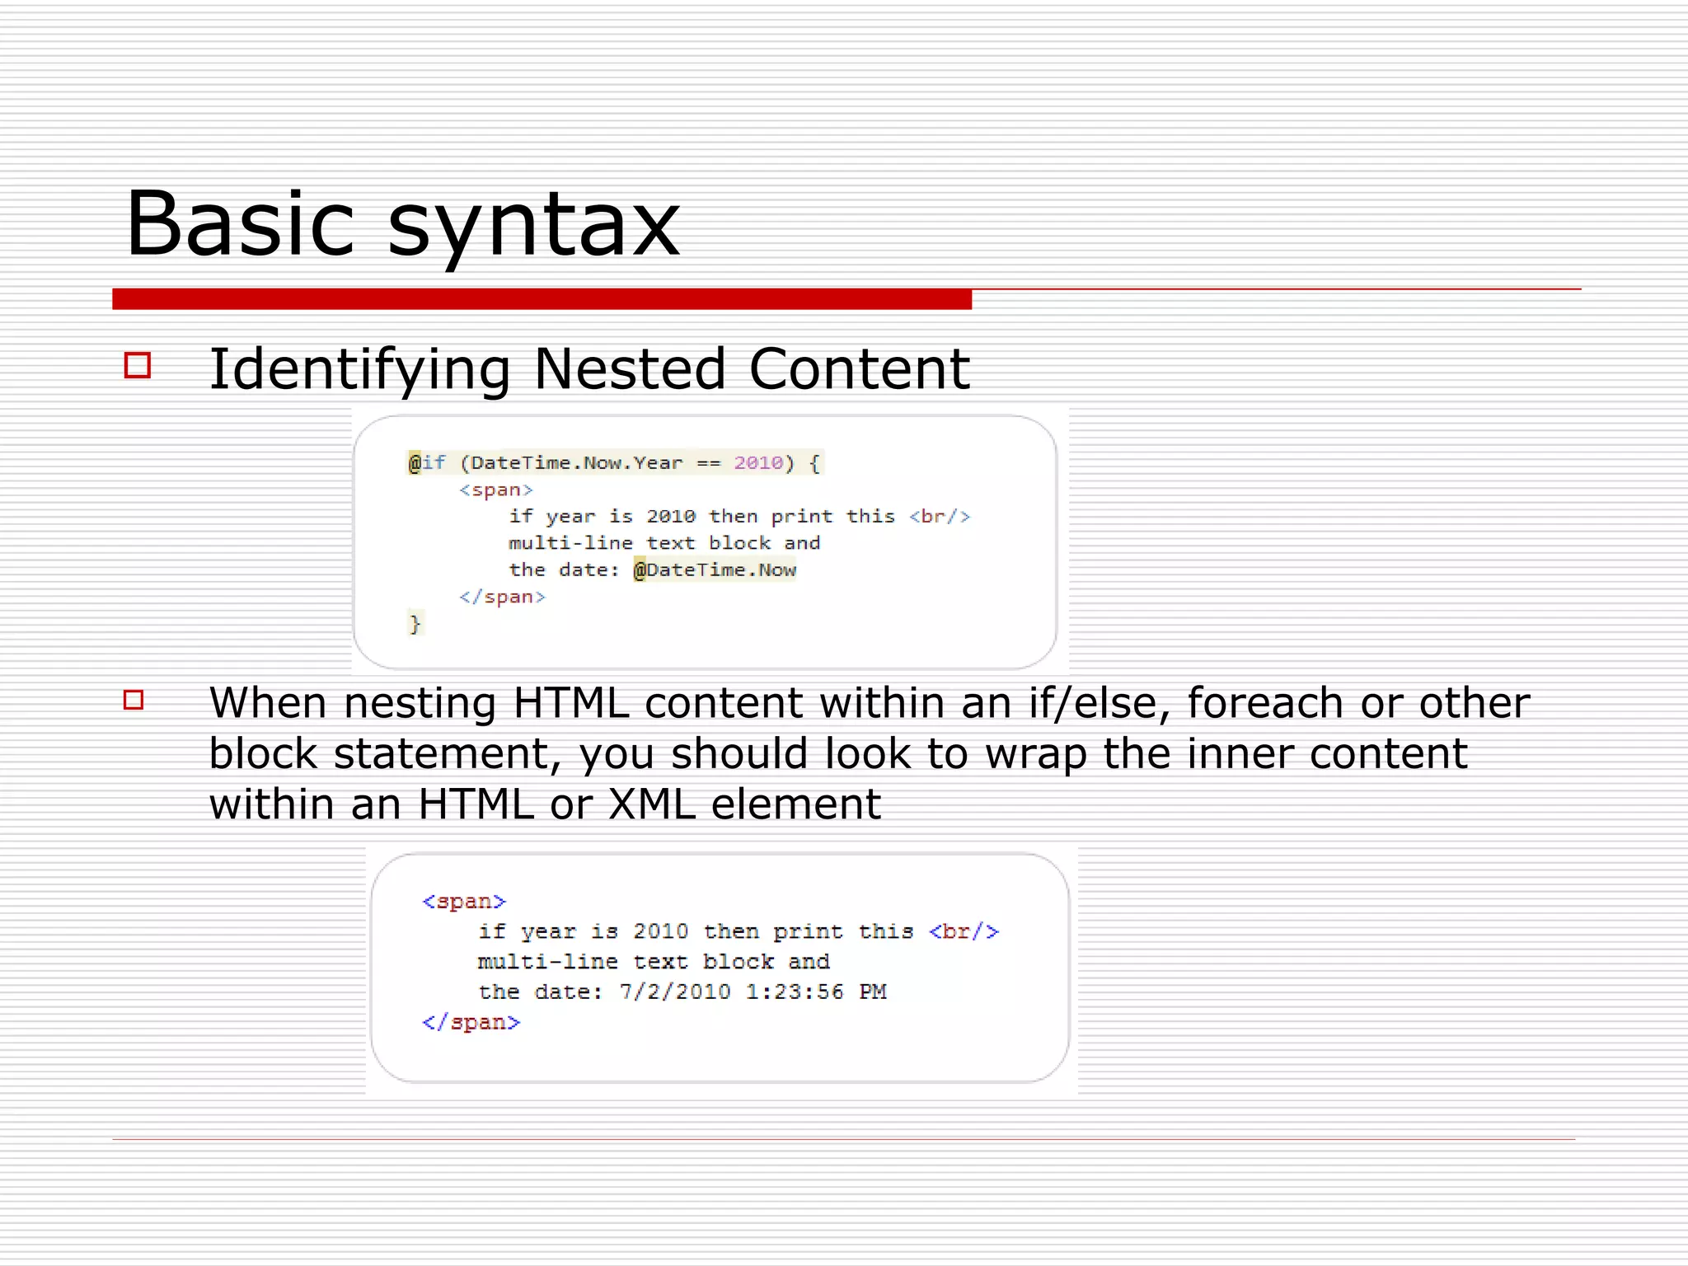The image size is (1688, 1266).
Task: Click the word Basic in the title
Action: [x=239, y=224]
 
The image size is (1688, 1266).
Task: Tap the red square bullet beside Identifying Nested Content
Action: [x=138, y=365]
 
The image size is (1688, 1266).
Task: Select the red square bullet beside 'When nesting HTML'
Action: [x=134, y=700]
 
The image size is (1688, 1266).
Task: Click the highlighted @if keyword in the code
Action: [x=427, y=462]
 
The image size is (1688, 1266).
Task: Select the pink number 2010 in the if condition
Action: [x=758, y=462]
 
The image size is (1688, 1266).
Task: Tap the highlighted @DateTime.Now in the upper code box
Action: [x=715, y=570]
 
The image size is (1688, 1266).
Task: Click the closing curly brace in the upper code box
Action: [x=415, y=623]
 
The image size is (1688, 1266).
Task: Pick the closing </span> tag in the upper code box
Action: [x=502, y=597]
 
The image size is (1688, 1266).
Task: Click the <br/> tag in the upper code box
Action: [x=940, y=517]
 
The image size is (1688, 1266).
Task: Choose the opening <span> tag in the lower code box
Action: [x=463, y=902]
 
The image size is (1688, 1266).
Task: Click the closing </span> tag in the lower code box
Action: [x=471, y=1022]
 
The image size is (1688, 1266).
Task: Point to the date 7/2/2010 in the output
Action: [x=674, y=992]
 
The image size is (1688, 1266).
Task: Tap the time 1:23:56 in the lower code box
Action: [x=795, y=992]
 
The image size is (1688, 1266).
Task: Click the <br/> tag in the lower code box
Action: [x=964, y=932]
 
